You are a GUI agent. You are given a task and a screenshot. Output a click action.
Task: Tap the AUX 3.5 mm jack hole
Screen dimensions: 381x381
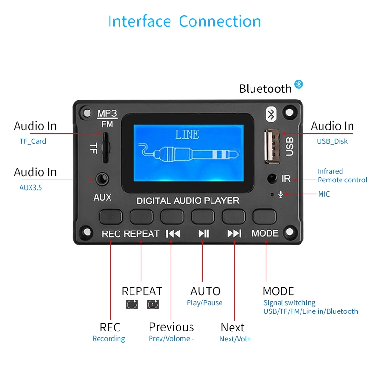101,180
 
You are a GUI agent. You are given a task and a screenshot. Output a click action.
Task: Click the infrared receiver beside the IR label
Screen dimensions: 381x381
272,179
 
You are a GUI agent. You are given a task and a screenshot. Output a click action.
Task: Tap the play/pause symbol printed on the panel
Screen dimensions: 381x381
203,233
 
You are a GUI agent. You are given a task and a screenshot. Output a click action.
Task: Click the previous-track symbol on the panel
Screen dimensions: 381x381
172,233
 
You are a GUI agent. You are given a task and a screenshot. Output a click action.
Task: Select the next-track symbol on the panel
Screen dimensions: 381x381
234,233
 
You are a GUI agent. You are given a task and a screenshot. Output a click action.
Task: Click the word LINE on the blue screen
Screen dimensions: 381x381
187,135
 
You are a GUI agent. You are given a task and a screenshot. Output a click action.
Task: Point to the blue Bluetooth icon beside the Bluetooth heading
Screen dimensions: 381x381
299,84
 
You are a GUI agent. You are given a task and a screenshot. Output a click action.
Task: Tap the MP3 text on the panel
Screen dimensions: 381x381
107,114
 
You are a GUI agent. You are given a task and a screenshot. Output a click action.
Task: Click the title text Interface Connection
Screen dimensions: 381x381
184,21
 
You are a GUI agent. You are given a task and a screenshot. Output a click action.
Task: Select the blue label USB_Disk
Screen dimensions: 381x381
332,141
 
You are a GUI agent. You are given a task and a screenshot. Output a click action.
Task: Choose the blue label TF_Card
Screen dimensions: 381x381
33,141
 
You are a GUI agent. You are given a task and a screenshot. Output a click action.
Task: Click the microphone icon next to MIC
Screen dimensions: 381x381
280,194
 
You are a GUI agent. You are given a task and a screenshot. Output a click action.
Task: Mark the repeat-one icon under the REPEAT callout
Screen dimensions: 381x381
152,304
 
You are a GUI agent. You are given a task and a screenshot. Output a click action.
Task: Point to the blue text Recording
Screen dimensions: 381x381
109,339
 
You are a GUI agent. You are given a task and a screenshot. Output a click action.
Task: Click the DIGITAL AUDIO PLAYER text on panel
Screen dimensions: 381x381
188,201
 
